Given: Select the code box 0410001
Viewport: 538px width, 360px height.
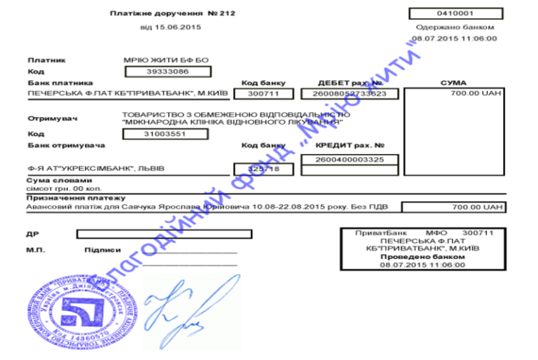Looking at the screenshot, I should [x=455, y=13].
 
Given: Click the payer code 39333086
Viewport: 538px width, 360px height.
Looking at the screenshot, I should [x=167, y=71].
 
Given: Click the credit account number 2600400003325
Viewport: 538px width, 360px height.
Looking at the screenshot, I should [x=350, y=160].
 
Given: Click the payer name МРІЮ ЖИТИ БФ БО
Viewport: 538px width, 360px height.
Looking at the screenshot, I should [x=165, y=60].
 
